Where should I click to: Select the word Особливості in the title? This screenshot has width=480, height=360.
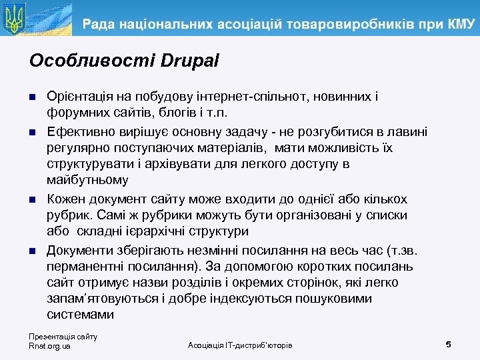pyautogui.click(x=92, y=61)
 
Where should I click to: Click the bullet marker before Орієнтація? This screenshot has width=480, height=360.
pyautogui.click(x=33, y=97)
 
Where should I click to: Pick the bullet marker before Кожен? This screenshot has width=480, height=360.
pyautogui.click(x=33, y=199)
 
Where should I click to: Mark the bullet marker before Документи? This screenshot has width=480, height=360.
pyautogui.click(x=33, y=251)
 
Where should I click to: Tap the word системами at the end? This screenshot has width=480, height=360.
pyautogui.click(x=78, y=315)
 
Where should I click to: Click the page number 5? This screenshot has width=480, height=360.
pyautogui.click(x=448, y=344)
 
